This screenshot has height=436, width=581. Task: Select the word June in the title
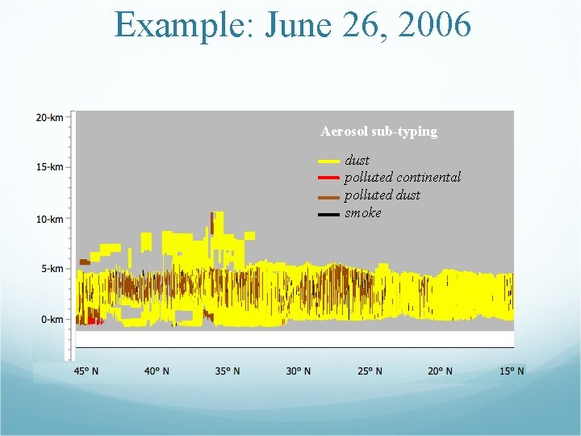(x=298, y=25)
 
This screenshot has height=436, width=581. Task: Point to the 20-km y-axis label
(x=49, y=118)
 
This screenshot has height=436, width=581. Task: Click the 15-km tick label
(x=49, y=167)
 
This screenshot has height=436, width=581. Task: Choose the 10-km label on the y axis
(x=49, y=219)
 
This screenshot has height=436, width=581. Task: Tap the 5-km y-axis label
(x=51, y=268)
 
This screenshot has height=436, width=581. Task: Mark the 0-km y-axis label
(x=51, y=319)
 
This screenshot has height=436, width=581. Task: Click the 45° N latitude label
(x=87, y=371)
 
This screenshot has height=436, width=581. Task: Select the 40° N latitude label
(x=157, y=371)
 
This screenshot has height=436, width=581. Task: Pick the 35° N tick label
(x=227, y=371)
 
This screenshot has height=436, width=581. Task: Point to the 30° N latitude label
(x=298, y=371)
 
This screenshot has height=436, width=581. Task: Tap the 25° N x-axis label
(x=369, y=371)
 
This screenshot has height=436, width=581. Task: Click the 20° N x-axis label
(x=440, y=371)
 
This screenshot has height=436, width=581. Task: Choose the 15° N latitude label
(x=510, y=371)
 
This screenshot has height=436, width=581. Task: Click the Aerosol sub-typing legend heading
(x=378, y=132)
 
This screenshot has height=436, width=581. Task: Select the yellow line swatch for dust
(x=328, y=161)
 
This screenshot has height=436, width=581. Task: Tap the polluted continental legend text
(x=403, y=177)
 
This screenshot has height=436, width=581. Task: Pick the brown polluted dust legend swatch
(x=328, y=196)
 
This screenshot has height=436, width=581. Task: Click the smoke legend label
(x=363, y=213)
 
